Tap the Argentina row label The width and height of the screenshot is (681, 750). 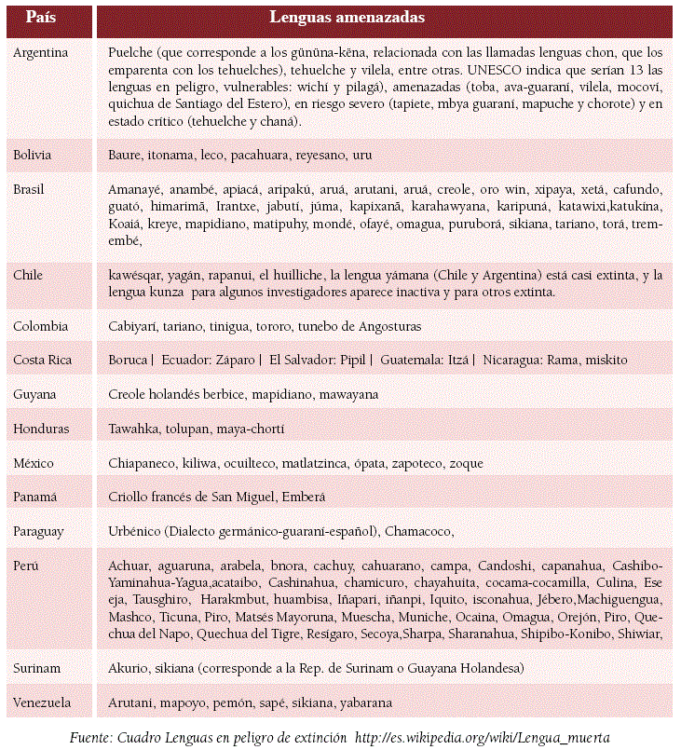pos(41,52)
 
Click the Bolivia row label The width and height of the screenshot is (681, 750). pos(33,154)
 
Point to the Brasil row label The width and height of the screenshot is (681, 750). pos(31,188)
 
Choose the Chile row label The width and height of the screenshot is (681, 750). pos(28,275)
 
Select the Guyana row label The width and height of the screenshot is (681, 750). pos(35,394)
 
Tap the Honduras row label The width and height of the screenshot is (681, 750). pos(40,429)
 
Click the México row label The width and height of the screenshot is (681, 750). pos(34,463)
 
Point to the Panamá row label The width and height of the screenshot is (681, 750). pos(35,498)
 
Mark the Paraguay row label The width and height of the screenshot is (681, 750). pos(39,531)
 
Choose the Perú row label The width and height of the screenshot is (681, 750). pos(26,566)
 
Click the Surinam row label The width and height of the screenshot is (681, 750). pos(37,669)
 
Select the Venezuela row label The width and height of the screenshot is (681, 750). pos(43,702)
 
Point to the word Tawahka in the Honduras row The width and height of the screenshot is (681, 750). pos(134,429)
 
